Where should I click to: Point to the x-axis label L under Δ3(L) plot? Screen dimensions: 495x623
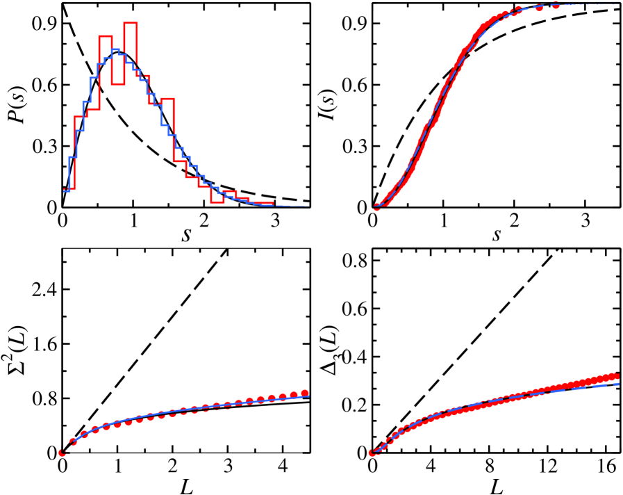click(x=496, y=484)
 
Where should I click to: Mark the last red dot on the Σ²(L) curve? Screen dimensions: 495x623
click(x=305, y=393)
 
